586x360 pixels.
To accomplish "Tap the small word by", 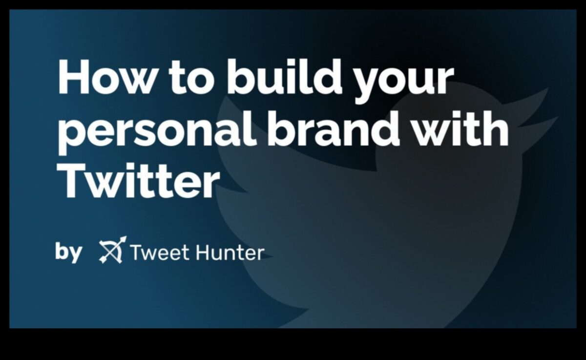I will coord(68,252).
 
